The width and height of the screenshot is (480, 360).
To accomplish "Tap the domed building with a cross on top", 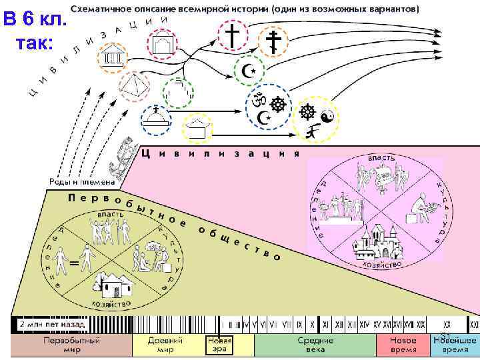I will pos(156,120).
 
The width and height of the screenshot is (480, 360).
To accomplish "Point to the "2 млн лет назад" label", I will pos(51,325).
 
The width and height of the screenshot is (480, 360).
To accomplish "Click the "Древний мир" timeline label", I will pos(161,345).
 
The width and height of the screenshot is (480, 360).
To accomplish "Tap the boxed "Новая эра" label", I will pos(219,345).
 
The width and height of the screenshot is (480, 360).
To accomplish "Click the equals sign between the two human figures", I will pos(75,265).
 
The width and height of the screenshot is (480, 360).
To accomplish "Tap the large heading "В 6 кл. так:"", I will pos(35,30).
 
